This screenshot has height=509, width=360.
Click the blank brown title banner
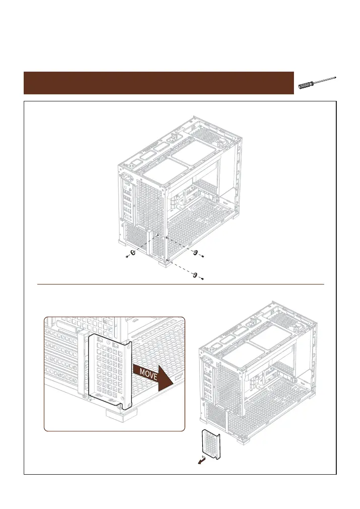pos(158,83)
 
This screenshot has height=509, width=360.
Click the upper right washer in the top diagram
pos(195,252)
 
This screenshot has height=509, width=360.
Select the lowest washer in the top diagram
pos(195,274)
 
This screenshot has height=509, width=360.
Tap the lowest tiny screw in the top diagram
pos(202,278)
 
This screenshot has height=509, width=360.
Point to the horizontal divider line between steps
pos(180,284)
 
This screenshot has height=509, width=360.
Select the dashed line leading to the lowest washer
pos(182,267)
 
